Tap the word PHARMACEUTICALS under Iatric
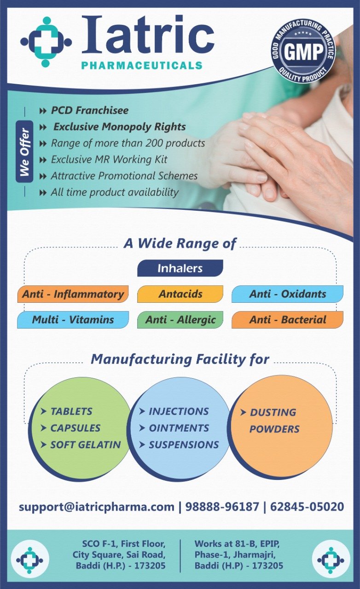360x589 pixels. point(142,65)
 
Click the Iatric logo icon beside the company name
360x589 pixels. point(46,42)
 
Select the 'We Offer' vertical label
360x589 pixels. point(24,151)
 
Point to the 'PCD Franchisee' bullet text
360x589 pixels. point(90,110)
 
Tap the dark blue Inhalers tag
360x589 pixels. point(180,268)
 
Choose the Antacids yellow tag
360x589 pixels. point(180,294)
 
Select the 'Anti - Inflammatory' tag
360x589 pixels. point(73,294)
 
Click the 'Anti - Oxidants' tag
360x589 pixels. point(287,294)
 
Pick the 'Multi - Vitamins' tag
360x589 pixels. point(73,320)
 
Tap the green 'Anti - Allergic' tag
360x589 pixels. point(180,320)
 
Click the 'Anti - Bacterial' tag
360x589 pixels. point(287,320)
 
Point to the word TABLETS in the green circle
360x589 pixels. point(71,411)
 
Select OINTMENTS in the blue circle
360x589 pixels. point(179,428)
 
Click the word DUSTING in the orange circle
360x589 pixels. point(273,412)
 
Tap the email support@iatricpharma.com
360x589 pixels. point(97,507)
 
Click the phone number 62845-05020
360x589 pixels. point(307,507)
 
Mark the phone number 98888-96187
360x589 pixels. point(222,507)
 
